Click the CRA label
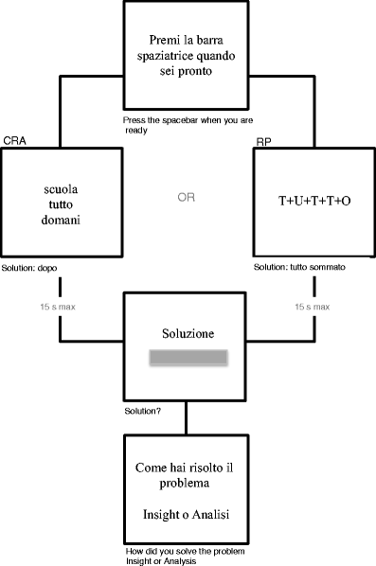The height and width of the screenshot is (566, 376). tap(14, 140)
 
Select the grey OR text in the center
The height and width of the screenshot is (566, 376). tap(187, 198)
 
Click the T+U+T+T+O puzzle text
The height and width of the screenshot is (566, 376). tap(314, 203)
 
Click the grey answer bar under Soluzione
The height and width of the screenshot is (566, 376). tap(187, 358)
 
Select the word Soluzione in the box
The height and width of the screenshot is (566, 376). tap(187, 335)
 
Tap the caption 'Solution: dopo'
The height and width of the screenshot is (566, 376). tap(30, 268)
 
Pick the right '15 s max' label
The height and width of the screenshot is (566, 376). tap(312, 308)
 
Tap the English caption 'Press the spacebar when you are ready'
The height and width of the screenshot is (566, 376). tap(175, 125)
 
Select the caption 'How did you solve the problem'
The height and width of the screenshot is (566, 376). tap(180, 550)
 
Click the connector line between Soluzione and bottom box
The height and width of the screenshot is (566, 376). tap(186, 418)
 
